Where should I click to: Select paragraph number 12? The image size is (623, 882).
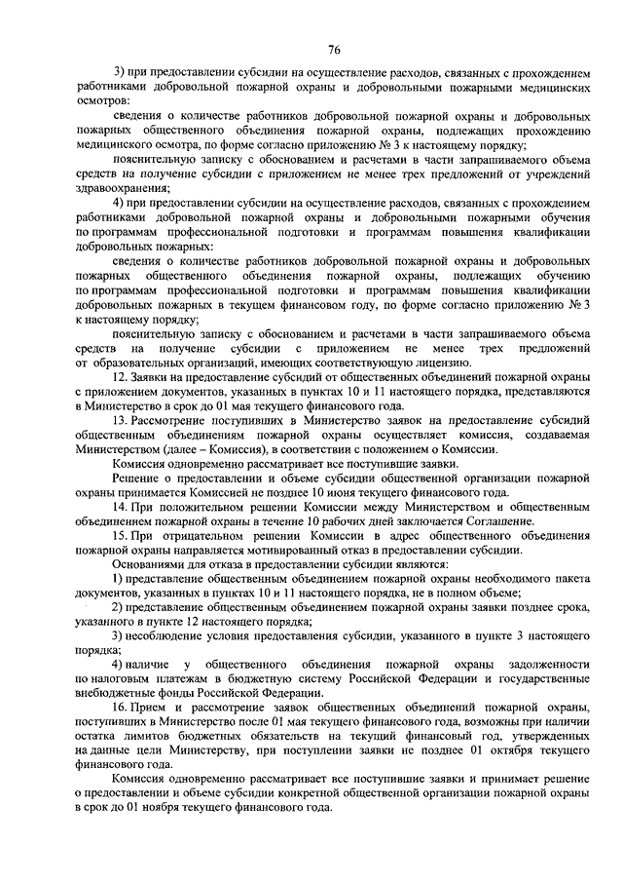122,375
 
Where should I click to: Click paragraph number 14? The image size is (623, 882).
122,508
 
